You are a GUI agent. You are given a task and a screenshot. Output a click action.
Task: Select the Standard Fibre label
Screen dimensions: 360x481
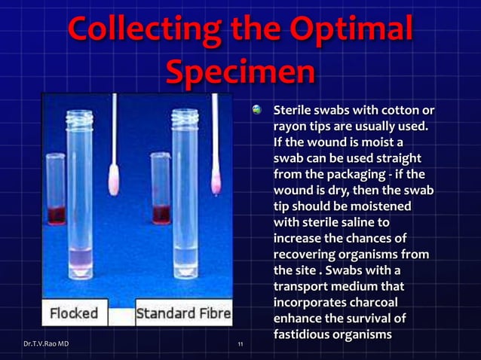(x=183, y=313)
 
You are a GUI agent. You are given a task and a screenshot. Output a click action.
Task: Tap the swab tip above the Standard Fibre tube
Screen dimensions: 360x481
(x=216, y=178)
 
